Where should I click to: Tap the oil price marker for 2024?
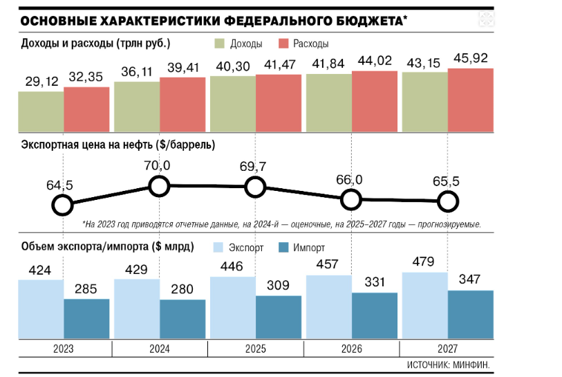tap(159, 185)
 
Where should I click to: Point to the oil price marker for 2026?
tap(351, 200)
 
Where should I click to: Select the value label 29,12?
tap(40, 82)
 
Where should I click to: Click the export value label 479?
tap(424, 262)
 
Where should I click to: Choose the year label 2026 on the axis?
tap(351, 349)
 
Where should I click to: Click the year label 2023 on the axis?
tap(64, 349)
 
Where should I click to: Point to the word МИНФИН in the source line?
tap(477, 364)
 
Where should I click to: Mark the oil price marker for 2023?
tap(63, 205)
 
